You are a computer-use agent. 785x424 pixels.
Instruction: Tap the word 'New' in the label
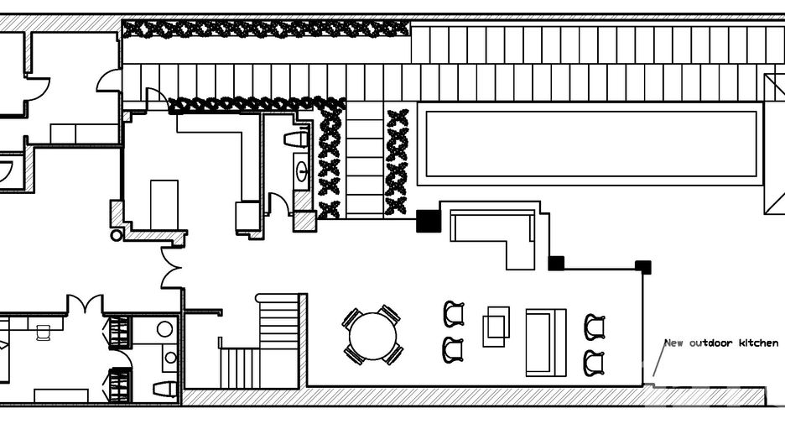(673, 343)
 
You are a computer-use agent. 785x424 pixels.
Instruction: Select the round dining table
(372, 337)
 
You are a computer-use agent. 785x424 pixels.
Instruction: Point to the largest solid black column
(429, 221)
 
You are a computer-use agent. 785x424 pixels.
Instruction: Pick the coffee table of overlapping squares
(496, 327)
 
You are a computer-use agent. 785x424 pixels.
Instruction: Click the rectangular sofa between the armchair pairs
(546, 343)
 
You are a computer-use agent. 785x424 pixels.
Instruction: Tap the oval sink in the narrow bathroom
(302, 171)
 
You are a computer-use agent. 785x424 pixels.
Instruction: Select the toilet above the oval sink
(296, 139)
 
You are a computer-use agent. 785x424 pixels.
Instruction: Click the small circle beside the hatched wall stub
(116, 234)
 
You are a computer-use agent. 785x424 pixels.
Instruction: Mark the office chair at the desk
(44, 332)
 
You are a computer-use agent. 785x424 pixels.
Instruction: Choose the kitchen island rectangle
(164, 205)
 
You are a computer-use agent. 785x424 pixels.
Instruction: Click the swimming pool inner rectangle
(590, 144)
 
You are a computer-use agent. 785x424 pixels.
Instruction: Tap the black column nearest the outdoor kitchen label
(643, 267)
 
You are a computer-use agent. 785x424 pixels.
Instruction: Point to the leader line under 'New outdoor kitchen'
(659, 359)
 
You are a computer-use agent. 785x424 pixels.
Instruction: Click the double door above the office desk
(85, 304)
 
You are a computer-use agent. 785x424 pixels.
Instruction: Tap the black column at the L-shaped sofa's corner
(556, 263)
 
